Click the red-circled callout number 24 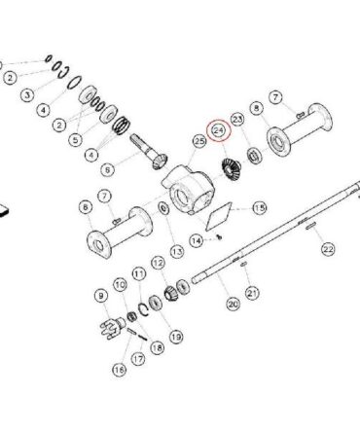click(x=219, y=131)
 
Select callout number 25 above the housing click(x=199, y=141)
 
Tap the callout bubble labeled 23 click(x=237, y=120)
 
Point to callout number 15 click(x=259, y=208)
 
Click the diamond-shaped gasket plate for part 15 click(x=219, y=216)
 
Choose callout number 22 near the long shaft click(x=328, y=249)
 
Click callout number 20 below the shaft click(x=234, y=305)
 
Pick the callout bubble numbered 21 click(x=252, y=293)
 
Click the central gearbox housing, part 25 click(x=189, y=189)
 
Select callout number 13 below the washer click(x=177, y=251)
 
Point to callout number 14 click(x=197, y=240)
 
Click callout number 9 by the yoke click(x=101, y=296)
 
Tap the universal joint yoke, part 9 click(x=112, y=327)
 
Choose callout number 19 click(x=176, y=337)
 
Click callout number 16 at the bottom click(x=119, y=370)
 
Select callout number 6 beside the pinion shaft click(x=108, y=169)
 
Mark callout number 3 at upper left click(x=27, y=95)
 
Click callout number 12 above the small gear click(x=159, y=263)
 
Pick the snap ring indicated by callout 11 click(x=143, y=308)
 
